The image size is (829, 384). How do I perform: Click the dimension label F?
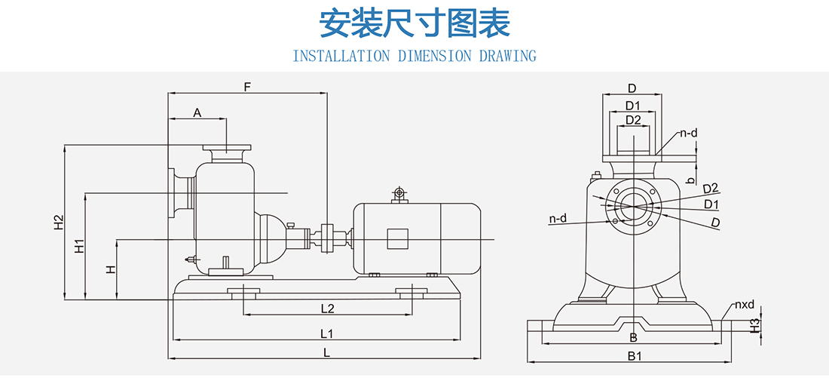coord(246,87)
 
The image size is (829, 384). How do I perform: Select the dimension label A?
coord(197,113)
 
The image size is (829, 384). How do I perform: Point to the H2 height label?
coord(59,223)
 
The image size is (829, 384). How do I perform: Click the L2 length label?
coord(327,308)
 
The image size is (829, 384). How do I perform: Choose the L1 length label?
coord(326,333)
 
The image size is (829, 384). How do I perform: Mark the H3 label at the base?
coord(755,324)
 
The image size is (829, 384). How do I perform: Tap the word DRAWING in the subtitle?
coord(508,57)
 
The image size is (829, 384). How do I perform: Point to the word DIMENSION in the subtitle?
coord(434,57)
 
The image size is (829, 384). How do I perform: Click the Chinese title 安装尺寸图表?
coord(414,24)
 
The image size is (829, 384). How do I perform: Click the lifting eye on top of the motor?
coord(399,195)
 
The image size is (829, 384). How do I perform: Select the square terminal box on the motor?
coord(397,239)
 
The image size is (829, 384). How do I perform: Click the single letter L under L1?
coord(326,352)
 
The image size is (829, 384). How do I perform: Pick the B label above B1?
coord(634,337)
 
